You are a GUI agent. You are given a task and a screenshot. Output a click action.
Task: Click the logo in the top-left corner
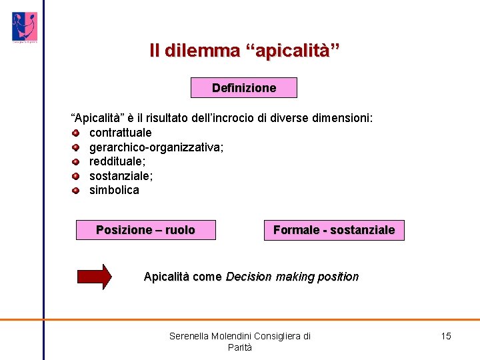click(24, 27)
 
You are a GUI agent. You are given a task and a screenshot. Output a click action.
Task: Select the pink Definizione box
click(243, 88)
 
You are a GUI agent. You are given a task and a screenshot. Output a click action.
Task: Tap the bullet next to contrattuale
click(76, 133)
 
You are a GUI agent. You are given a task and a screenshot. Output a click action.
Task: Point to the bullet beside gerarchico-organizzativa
click(76, 147)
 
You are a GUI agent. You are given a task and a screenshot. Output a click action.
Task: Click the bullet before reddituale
click(76, 161)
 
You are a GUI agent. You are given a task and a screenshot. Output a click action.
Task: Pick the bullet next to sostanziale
click(76, 176)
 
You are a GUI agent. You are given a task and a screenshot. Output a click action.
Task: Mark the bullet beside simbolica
click(76, 191)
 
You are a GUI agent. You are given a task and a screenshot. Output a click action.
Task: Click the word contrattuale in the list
click(121, 133)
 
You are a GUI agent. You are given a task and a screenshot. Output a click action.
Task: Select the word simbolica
click(114, 191)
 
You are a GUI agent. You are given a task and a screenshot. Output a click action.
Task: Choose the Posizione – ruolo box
click(145, 230)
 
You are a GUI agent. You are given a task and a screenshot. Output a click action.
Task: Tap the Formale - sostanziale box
click(334, 230)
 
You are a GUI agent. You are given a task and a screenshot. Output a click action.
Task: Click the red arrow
click(95, 277)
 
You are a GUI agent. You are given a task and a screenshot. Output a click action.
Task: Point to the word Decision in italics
click(249, 277)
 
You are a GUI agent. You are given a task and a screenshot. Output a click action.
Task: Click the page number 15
click(446, 336)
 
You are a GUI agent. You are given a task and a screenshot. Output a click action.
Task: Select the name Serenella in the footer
click(189, 336)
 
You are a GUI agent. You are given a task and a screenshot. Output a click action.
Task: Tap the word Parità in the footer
click(240, 347)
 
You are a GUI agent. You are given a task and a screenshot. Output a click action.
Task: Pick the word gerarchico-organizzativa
click(156, 147)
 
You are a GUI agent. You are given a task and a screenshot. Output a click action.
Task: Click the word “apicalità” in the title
click(293, 51)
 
